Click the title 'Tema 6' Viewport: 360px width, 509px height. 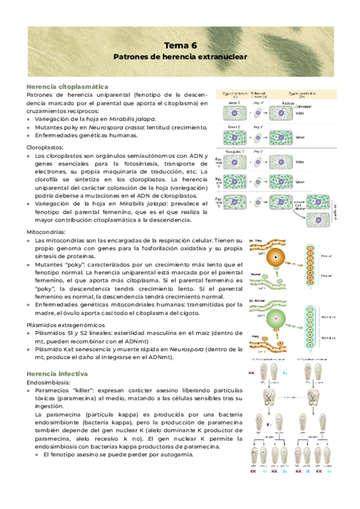click(181, 45)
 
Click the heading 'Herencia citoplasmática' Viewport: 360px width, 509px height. click(67, 87)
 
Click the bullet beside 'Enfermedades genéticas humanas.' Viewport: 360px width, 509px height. click(29, 136)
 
